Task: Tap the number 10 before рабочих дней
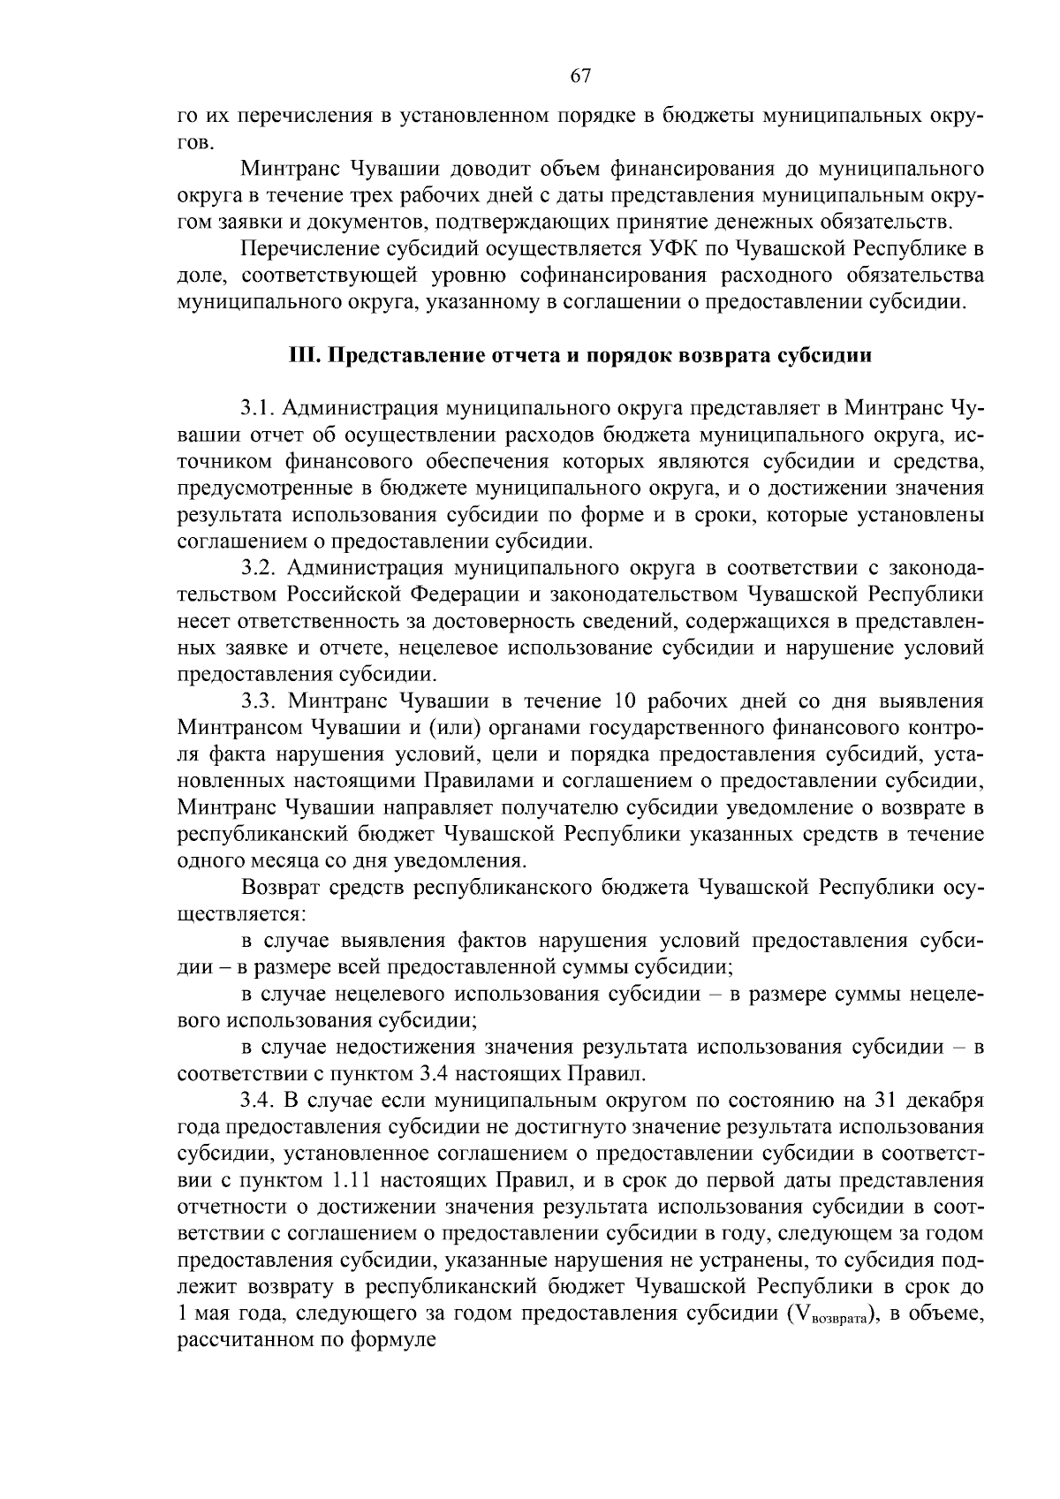click(x=617, y=701)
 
